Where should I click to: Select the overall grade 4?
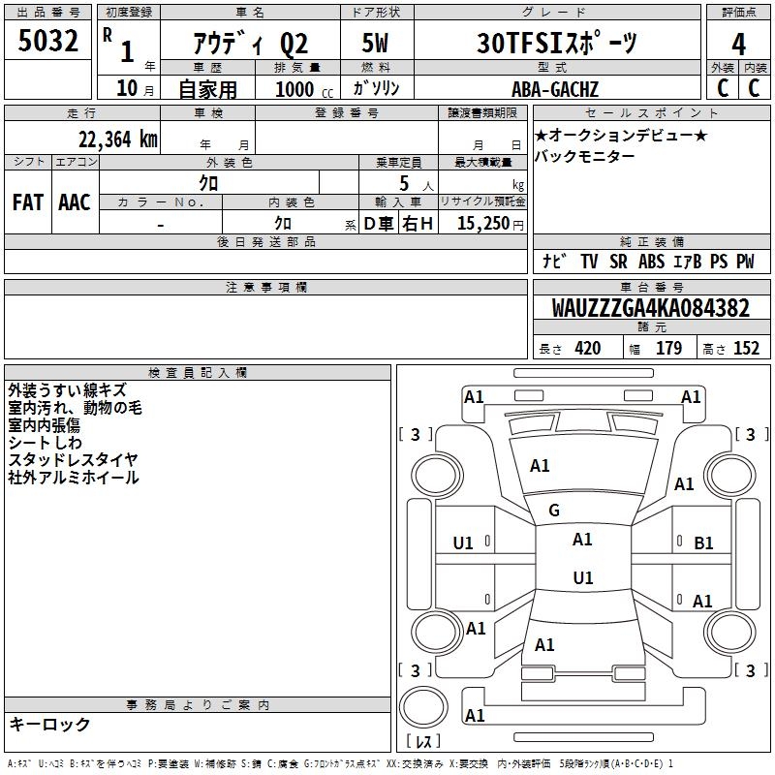738,44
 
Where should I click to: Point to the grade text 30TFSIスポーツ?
558,44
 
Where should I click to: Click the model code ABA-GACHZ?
555,89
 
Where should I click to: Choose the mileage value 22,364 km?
117,139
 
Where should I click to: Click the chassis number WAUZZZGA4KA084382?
651,308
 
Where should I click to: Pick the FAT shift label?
27,201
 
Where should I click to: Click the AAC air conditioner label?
75,201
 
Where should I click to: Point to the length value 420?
587,349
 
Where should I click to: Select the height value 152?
746,349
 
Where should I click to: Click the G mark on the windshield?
554,511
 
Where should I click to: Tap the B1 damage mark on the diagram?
703,543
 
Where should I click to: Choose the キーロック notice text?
49,724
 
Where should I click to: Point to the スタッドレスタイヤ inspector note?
73,459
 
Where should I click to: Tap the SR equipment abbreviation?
617,262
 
